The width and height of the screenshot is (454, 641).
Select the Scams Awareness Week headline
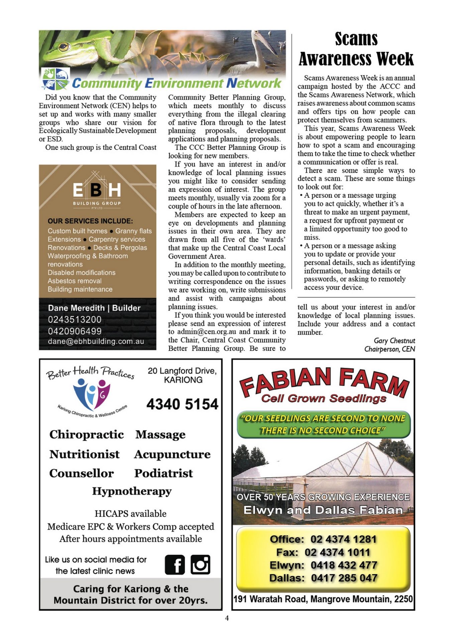pyautogui.click(x=356, y=49)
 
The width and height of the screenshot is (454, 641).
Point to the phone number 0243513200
pyautogui.click(x=75, y=319)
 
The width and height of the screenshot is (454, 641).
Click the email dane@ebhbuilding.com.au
pyautogui.click(x=96, y=341)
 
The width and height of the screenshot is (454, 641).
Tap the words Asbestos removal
pyautogui.click(x=75, y=281)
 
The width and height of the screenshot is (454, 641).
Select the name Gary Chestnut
pyautogui.click(x=394, y=341)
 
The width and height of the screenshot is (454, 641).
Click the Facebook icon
pyautogui.click(x=175, y=565)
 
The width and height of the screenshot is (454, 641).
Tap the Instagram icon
pyautogui.click(x=201, y=565)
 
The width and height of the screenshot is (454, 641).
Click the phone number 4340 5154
pyautogui.click(x=182, y=404)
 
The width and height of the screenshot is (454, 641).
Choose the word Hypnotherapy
pyautogui.click(x=132, y=491)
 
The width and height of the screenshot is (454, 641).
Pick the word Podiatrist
pyautogui.click(x=163, y=473)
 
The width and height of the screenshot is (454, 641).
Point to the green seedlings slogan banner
pyautogui.click(x=323, y=424)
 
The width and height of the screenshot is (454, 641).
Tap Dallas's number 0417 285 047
pyautogui.click(x=344, y=578)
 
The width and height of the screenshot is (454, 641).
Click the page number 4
pyautogui.click(x=227, y=618)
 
